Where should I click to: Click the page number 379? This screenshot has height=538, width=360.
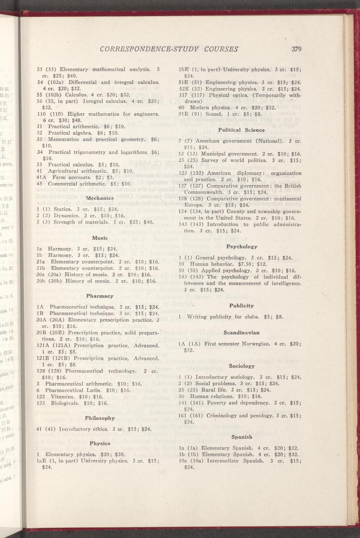click(297, 49)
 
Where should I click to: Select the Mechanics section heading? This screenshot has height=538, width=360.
click(99, 198)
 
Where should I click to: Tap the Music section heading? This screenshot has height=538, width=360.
click(100, 237)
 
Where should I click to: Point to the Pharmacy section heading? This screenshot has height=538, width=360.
click(99, 296)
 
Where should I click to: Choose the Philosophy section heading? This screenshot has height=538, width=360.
click(99, 418)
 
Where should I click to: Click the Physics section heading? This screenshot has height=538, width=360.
click(100, 443)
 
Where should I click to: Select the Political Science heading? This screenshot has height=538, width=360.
click(241, 130)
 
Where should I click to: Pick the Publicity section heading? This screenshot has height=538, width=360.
click(241, 306)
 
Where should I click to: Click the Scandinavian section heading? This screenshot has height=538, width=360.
click(242, 333)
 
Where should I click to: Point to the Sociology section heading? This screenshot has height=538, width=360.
click(242, 366)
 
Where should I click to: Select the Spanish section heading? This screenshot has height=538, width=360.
click(242, 437)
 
